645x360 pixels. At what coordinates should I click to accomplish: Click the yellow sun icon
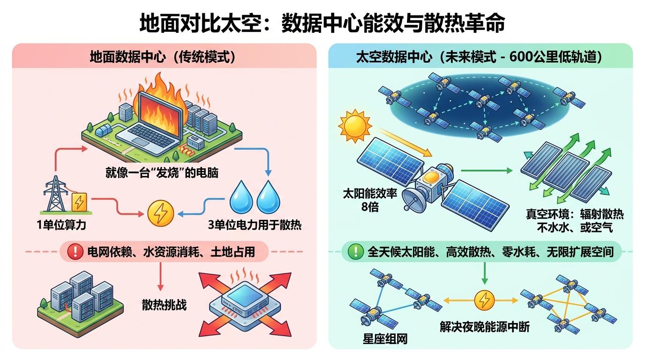pyautogui.click(x=355, y=126)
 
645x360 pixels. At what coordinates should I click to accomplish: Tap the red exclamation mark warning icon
pyautogui.click(x=75, y=251)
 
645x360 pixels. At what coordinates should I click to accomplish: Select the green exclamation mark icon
pyautogui.click(x=356, y=251)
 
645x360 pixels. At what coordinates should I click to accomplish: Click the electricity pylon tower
pyautogui.click(x=55, y=194)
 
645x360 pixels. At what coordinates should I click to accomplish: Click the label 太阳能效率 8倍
pyautogui.click(x=370, y=200)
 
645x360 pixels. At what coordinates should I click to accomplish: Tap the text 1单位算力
pyautogui.click(x=61, y=225)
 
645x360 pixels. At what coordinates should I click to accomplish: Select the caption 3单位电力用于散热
pyautogui.click(x=255, y=225)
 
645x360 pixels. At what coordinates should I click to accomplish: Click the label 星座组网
pyautogui.click(x=385, y=339)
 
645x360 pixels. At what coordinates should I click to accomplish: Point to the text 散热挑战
pyautogui.click(x=164, y=305)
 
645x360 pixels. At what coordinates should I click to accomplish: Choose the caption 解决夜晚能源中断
pyautogui.click(x=485, y=327)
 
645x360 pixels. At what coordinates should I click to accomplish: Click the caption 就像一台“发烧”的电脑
pyautogui.click(x=162, y=173)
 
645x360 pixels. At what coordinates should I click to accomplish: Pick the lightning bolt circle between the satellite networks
pyautogui.click(x=485, y=300)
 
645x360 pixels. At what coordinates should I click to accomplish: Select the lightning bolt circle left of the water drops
pyautogui.click(x=160, y=213)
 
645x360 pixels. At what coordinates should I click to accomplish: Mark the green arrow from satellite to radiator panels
pyautogui.click(x=487, y=171)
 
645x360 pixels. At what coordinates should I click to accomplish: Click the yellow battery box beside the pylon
pyautogui.click(x=79, y=202)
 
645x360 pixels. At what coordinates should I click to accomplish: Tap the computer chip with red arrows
pyautogui.click(x=245, y=302)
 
